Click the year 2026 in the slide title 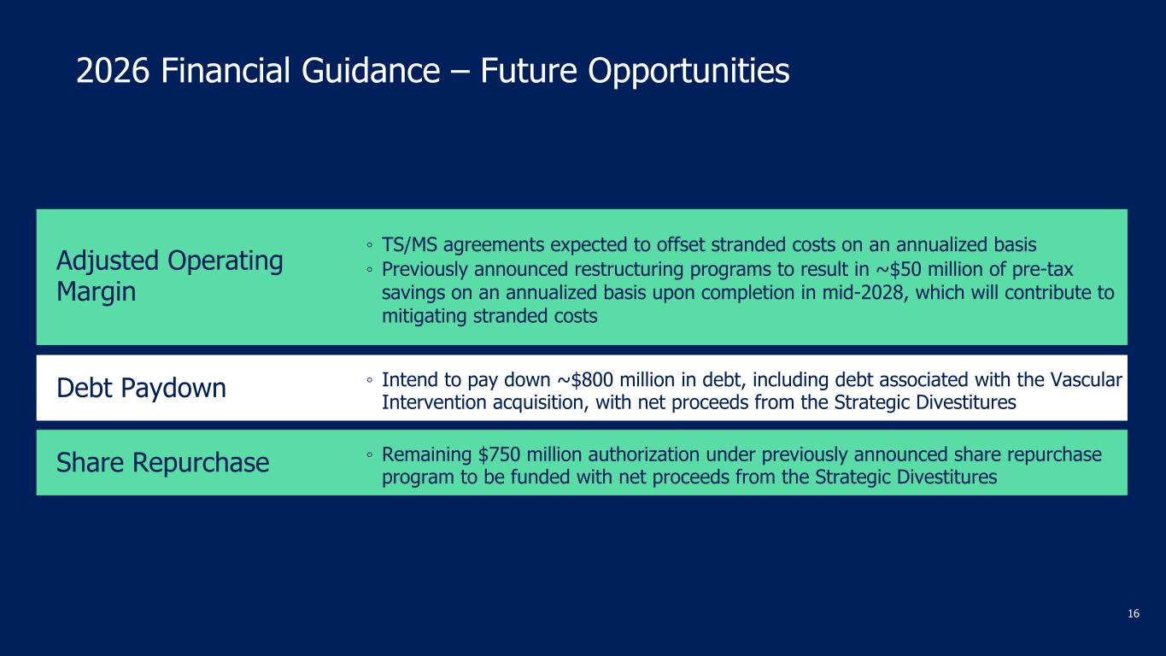coord(113,70)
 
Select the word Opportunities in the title coord(688,72)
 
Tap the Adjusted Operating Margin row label coord(170,276)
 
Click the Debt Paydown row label coord(141,388)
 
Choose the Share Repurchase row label coord(163,462)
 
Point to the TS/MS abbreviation coord(409,244)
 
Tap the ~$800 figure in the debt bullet coord(586,379)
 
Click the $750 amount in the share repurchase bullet coord(499,454)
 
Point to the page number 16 coord(1134,614)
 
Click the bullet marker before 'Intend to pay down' coord(370,380)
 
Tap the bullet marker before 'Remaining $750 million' coord(370,455)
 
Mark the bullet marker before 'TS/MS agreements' coord(370,245)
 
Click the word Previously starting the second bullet coord(425,270)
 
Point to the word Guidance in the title coord(371,70)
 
